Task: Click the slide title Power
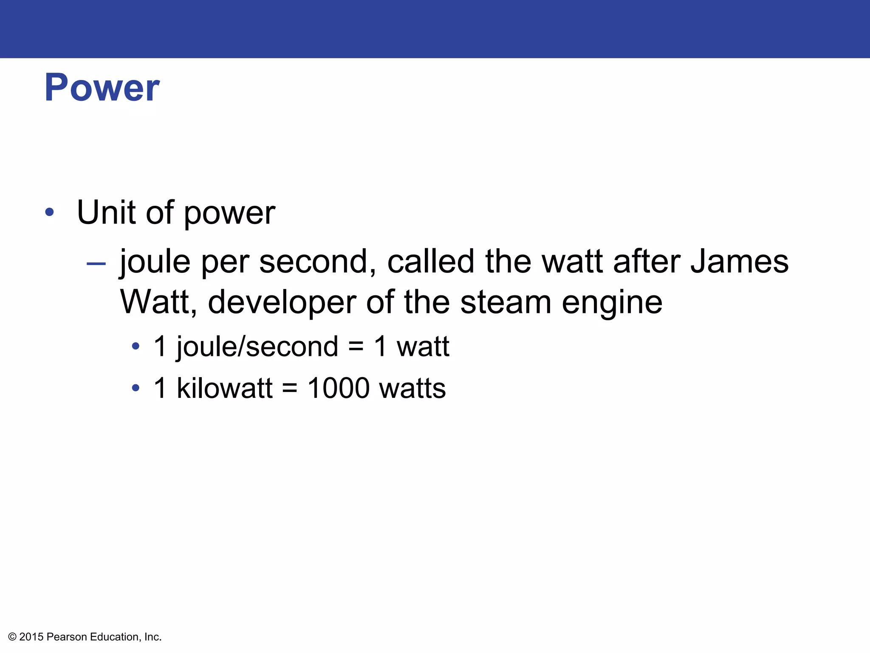pyautogui.click(x=102, y=88)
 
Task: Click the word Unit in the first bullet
pyautogui.click(x=107, y=212)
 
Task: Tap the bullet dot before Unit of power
pyautogui.click(x=50, y=212)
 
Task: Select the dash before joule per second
pyautogui.click(x=96, y=264)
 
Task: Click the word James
pyautogui.click(x=739, y=261)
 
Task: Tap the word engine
pyautogui.click(x=612, y=303)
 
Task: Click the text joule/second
pyautogui.click(x=257, y=346)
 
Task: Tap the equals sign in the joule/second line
pyautogui.click(x=356, y=346)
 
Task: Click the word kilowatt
pyautogui.click(x=224, y=388)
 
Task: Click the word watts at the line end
pyautogui.click(x=412, y=388)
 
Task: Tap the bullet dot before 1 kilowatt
pyautogui.click(x=136, y=388)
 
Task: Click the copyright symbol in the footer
pyautogui.click(x=12, y=637)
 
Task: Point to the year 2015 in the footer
pyautogui.click(x=31, y=637)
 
